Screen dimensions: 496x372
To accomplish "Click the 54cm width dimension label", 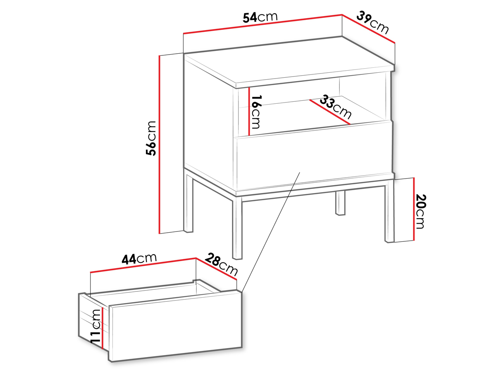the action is coord(260,17).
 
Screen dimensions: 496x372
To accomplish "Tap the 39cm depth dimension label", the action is coord(372,23).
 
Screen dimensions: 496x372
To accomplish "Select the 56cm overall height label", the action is coord(151,138).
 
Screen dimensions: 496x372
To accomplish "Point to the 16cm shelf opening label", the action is coord(255,112).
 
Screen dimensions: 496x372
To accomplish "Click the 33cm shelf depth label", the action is coord(336,107).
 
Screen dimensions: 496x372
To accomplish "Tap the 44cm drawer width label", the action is coord(139,259).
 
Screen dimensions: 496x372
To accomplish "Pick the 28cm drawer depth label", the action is coord(222,265).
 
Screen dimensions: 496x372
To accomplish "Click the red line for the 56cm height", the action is coord(160,144).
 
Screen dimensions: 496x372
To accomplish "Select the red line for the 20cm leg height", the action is coord(414,209).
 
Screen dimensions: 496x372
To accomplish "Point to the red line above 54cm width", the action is coord(262,24).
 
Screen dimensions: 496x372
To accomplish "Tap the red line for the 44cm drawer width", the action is coord(143,265).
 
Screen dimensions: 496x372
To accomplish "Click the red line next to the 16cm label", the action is coord(249,111).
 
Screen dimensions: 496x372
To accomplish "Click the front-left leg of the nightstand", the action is coord(237,228).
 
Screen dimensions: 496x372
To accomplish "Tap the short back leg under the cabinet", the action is coord(340,203).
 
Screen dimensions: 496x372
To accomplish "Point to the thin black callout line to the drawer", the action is coord(271,232).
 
